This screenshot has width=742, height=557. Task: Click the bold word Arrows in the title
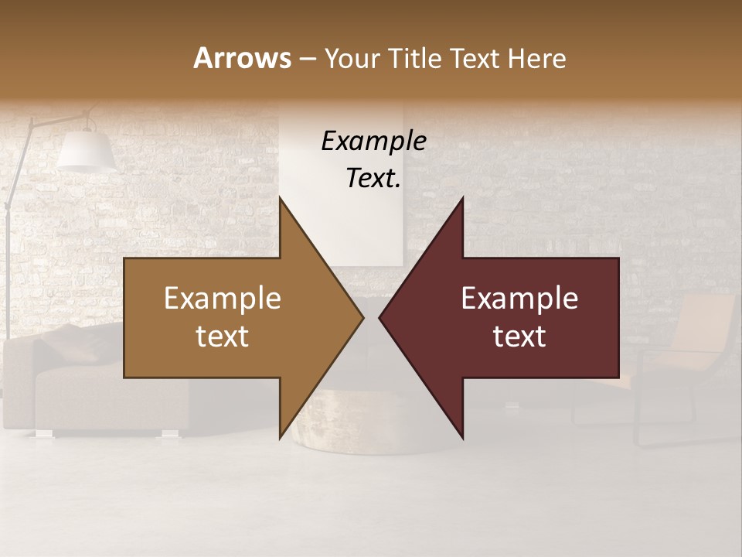click(x=242, y=58)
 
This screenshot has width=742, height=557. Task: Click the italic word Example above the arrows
click(x=373, y=141)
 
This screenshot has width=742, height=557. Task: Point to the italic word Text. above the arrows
click(x=373, y=179)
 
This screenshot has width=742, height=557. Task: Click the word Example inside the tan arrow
click(x=223, y=298)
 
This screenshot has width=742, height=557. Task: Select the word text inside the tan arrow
click(x=223, y=336)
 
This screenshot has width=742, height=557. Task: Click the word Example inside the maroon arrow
click(x=519, y=298)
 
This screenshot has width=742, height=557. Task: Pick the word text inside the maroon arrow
click(x=519, y=336)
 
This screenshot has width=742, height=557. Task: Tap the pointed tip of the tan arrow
click(x=362, y=317)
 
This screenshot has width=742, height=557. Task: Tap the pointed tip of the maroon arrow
click(x=380, y=317)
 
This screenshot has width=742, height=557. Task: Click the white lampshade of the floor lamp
click(x=85, y=151)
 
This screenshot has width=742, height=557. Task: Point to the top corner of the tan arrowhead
click(x=280, y=198)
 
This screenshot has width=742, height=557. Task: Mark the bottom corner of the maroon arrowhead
click(x=462, y=438)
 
